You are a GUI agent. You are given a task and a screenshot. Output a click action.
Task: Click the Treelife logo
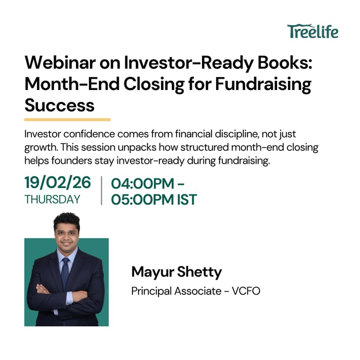(313, 31)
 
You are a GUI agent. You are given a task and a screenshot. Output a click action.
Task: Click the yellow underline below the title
(67, 120)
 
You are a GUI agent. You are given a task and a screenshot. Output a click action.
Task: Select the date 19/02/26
(58, 183)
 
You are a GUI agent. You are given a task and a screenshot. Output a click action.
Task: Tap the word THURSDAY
(52, 199)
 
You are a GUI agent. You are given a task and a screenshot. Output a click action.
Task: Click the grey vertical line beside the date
(102, 191)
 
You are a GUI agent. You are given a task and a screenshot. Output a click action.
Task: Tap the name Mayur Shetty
(176, 272)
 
